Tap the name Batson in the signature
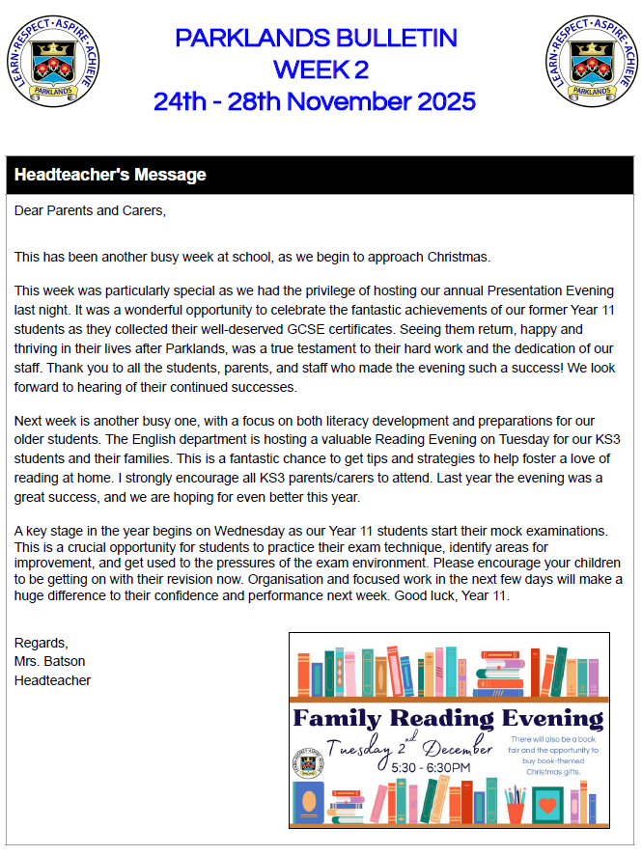click(71, 661)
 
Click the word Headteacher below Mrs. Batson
click(53, 679)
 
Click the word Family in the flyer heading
click(334, 720)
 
